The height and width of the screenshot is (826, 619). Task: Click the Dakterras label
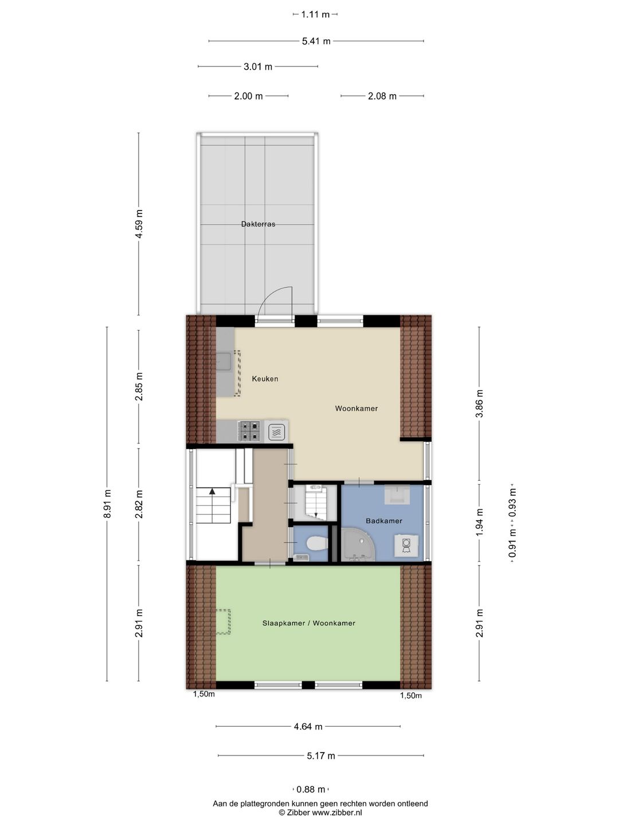pos(258,224)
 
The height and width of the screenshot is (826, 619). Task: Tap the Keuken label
pos(265,379)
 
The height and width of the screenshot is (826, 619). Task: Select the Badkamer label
pos(384,521)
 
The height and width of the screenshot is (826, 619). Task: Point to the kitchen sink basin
pos(224,361)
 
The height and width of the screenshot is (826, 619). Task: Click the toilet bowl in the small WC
pos(317,543)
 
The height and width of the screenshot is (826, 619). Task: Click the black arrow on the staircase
pos(212,490)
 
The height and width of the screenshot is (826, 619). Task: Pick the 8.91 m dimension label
pos(107,504)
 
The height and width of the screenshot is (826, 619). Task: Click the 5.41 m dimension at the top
pos(316,41)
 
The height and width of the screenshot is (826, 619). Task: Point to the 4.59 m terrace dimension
pos(139,224)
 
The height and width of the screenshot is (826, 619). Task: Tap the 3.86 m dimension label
pos(479,403)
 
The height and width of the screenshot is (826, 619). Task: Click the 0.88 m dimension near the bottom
pos(311,786)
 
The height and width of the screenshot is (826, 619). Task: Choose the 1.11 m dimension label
pos(315,14)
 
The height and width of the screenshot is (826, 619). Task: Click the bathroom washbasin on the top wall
pos(397,494)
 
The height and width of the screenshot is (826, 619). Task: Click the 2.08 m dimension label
pos(382,96)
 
